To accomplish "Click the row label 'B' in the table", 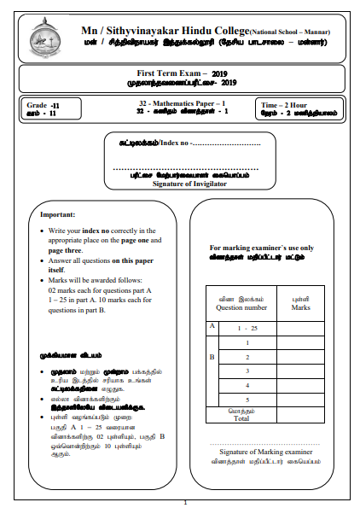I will click(212, 356).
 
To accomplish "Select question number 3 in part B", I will click(247, 371).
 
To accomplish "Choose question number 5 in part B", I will click(247, 400).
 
